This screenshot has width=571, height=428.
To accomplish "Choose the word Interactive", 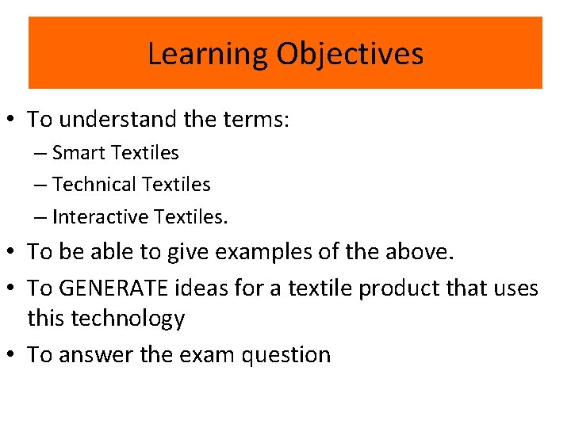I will click(102, 216).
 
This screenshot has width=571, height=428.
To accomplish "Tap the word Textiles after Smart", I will click(146, 152).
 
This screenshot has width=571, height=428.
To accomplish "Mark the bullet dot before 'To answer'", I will click(13, 354).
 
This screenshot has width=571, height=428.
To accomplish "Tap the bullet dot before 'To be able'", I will click(13, 252).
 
